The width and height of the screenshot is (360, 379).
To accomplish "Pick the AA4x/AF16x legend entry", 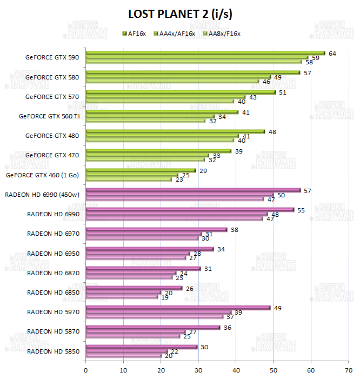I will [x=175, y=34].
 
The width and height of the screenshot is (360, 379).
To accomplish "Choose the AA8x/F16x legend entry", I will [x=221, y=34].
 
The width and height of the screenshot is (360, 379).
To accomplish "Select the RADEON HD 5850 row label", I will [x=53, y=351].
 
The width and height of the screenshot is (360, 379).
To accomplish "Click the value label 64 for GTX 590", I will [x=332, y=53].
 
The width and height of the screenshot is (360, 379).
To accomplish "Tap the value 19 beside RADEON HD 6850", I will [x=165, y=297].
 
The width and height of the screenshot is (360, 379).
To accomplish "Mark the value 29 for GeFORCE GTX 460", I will [x=203, y=170].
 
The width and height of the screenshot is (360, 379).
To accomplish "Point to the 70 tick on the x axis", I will [x=348, y=370].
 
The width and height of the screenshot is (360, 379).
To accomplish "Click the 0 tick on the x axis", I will [x=86, y=370].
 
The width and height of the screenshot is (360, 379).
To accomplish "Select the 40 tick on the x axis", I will [x=236, y=370].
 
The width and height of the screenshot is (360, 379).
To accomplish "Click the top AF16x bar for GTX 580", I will [x=192, y=72].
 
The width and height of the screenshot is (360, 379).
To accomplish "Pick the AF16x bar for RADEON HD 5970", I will [x=178, y=308].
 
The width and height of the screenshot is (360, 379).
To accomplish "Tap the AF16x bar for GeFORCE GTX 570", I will [x=181, y=92].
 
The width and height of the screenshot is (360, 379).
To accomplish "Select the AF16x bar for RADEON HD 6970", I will [x=156, y=229].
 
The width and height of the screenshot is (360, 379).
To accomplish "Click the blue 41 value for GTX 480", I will [x=246, y=136].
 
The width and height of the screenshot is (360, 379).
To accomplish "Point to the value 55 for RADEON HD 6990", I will [x=302, y=209].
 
